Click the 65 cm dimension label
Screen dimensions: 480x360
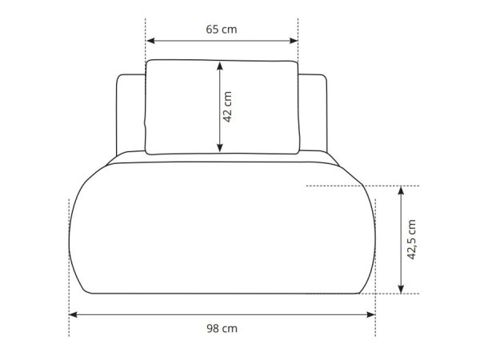coord(222,30)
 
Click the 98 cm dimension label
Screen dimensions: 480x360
coord(222,329)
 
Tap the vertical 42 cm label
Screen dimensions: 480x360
coord(227,107)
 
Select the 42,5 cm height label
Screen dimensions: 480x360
coord(411,239)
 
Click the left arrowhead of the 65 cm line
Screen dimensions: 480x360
coord(150,41)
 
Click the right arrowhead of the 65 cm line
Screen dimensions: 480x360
coord(294,41)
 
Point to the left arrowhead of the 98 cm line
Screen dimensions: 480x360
coord(73,314)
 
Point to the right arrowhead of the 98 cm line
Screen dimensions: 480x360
coord(371,314)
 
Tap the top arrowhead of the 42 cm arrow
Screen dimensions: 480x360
coord(220,66)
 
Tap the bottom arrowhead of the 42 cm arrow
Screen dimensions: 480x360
coord(220,148)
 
